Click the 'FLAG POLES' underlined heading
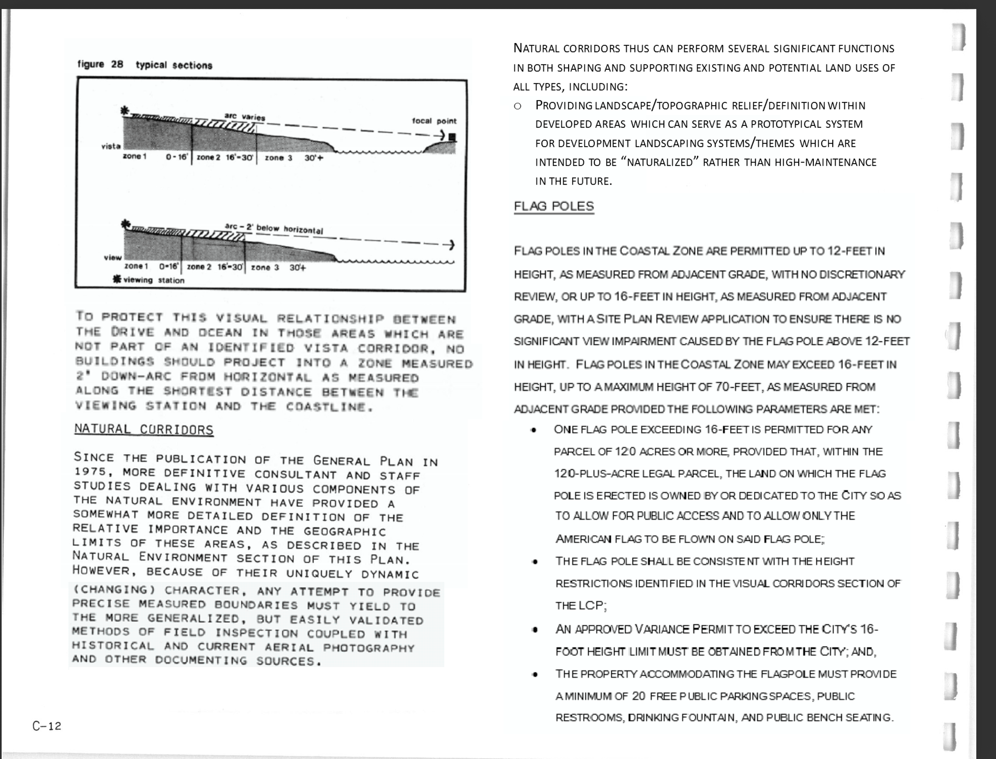click(x=554, y=206)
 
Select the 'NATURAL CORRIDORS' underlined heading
click(x=144, y=429)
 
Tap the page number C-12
click(x=46, y=726)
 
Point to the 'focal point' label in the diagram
click(x=434, y=121)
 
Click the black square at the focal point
click(x=452, y=137)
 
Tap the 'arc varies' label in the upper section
click(x=244, y=117)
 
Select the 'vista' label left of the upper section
click(x=111, y=146)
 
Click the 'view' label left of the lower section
click(x=112, y=258)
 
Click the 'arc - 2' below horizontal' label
click(x=274, y=228)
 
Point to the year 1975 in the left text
click(x=89, y=472)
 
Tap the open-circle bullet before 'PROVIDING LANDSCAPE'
click(x=518, y=106)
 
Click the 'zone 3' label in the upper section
click(x=278, y=158)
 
